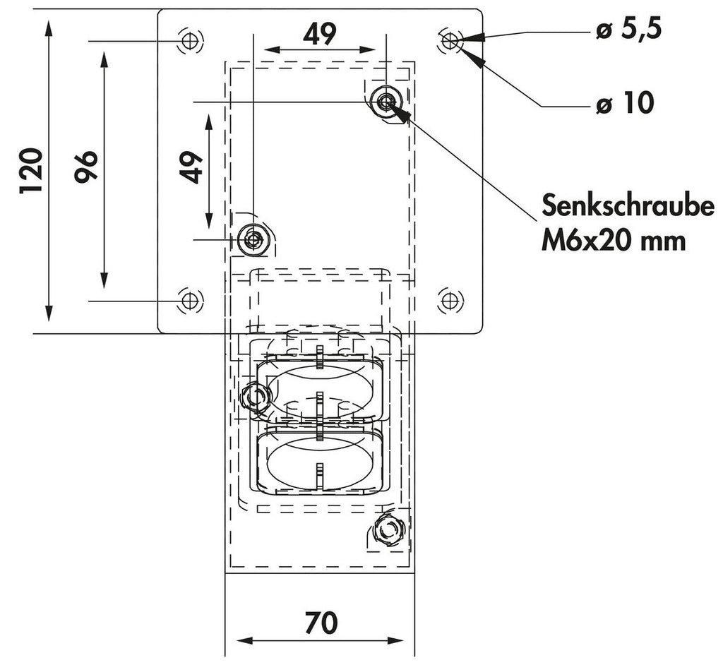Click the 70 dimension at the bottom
[x=321, y=623]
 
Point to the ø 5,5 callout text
[x=628, y=30]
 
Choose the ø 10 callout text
[x=624, y=104]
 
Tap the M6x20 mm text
[x=614, y=241]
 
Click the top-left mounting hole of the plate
[x=188, y=41]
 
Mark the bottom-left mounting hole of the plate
[x=188, y=301]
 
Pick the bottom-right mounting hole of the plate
[x=448, y=301]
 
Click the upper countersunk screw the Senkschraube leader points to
[x=386, y=102]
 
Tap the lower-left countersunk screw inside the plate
[x=252, y=240]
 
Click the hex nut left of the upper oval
[x=254, y=397]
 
